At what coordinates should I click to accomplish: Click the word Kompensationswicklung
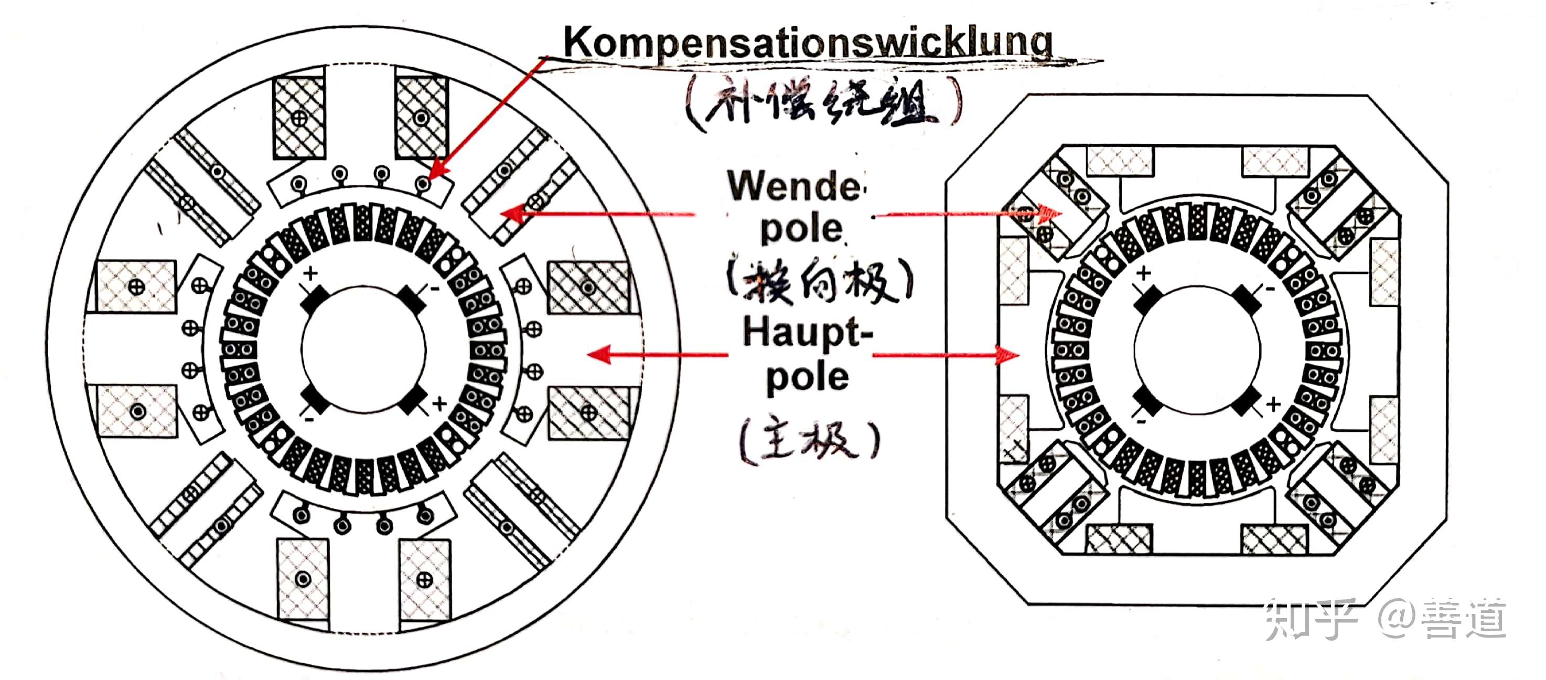pos(807,42)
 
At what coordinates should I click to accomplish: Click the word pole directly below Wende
pos(801,229)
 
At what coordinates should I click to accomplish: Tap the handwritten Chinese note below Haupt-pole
pos(810,441)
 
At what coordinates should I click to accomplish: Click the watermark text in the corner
pos(1387,619)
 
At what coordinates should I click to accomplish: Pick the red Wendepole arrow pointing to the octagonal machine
pos(966,213)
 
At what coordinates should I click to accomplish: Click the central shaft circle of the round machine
pos(363,348)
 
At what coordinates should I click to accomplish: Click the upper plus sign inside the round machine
pos(310,274)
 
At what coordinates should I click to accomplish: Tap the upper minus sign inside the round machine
pos(435,289)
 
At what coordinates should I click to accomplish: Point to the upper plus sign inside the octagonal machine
pos(1143,273)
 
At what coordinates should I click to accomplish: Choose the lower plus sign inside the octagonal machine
pos(1273,405)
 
